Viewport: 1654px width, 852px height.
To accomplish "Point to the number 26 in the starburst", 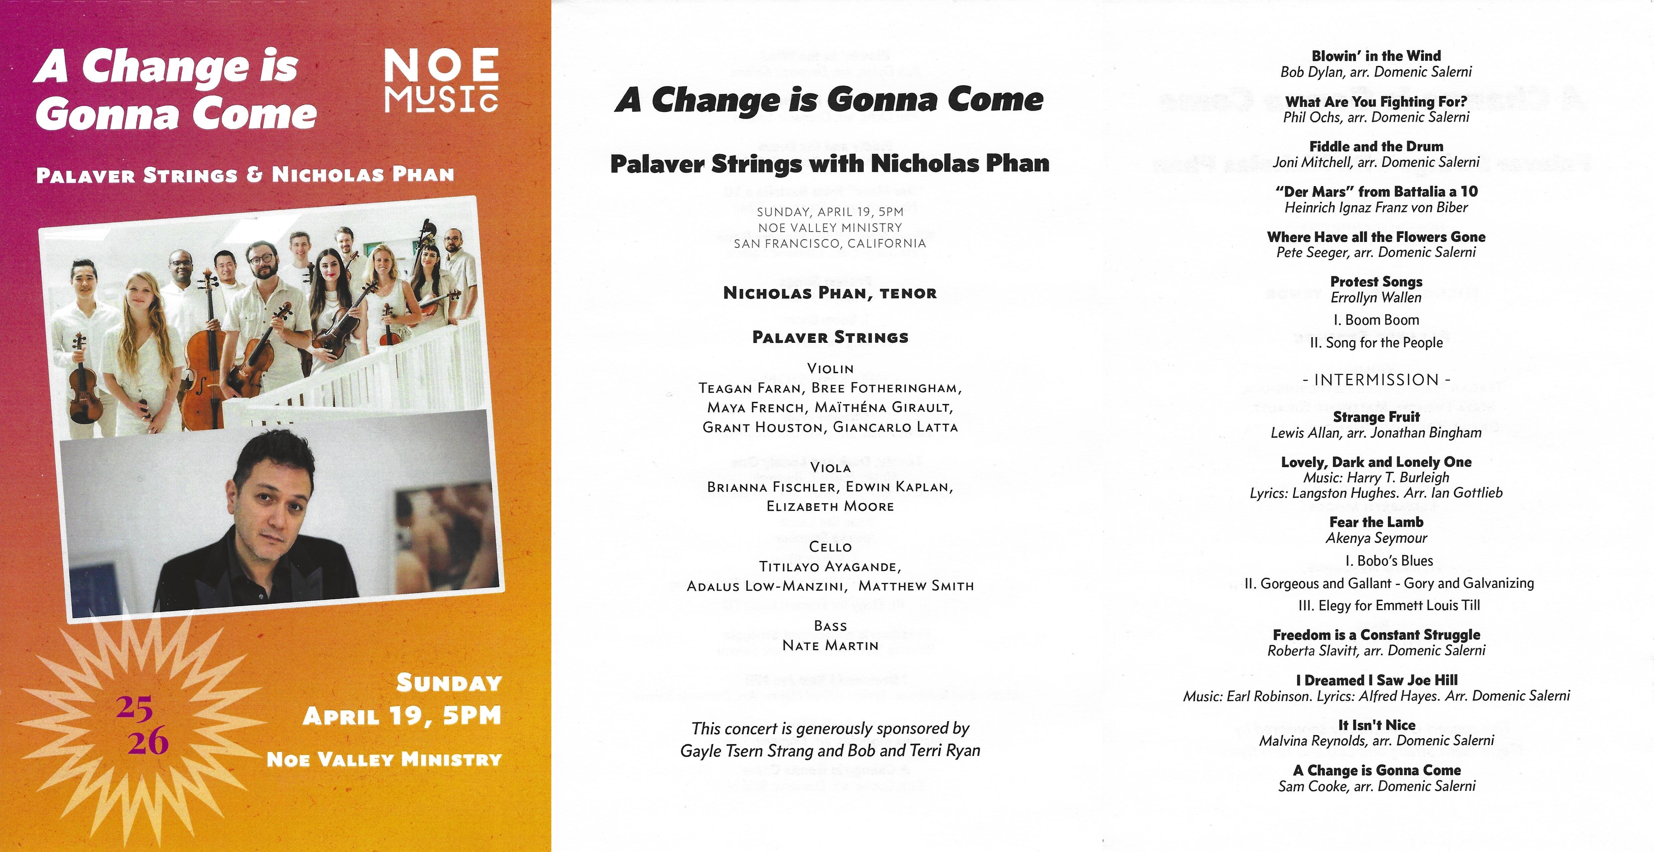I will pos(148,741).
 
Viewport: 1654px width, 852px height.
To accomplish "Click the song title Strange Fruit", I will pos(1376,417).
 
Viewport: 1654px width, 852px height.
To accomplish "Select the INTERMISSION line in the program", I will pos(1376,380).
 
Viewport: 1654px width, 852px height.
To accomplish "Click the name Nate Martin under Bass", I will pos(830,645).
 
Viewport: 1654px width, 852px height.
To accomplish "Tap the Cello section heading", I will pos(830,546).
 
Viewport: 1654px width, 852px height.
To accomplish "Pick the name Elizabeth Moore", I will pos(830,506).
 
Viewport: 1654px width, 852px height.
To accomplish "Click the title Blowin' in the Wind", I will pos(1376,56).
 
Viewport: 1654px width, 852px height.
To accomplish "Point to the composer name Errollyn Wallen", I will pos(1376,297).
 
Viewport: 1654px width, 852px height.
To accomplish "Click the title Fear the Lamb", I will pos(1376,522).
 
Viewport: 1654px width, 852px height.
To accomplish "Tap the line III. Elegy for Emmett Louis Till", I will pos(1376,605).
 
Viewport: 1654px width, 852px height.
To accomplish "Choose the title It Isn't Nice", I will pos(1376,725).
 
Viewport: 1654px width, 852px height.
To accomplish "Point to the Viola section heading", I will pos(830,467).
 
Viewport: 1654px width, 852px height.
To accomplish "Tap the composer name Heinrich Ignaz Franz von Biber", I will pos(1376,207).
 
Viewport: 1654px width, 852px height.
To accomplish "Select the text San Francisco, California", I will pos(830,243).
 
